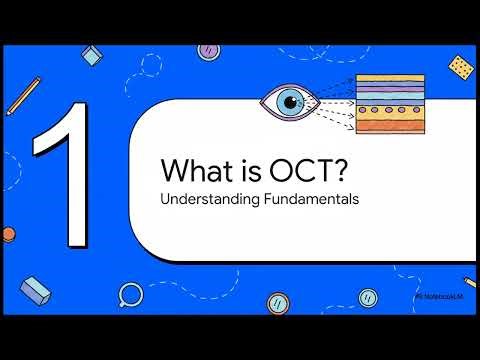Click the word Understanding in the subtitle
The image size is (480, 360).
[202, 198]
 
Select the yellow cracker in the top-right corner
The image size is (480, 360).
[461, 67]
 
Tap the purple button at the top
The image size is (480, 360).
[210, 49]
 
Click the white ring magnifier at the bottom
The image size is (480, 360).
[130, 293]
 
